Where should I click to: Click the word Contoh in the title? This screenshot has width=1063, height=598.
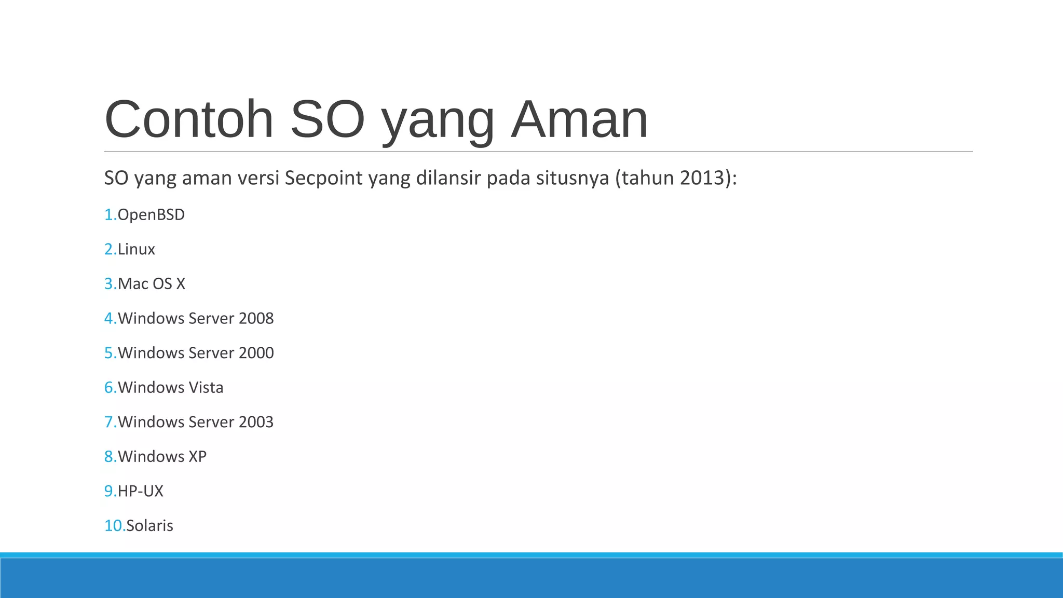189,119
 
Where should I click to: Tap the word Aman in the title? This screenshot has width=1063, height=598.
579,119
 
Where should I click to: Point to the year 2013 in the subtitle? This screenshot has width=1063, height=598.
702,178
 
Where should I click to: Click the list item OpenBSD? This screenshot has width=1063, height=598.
151,215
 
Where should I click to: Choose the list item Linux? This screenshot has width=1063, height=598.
136,250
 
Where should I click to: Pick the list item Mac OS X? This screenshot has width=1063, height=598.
151,284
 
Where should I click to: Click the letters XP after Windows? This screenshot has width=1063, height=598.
197,457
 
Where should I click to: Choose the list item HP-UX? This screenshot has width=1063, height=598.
140,491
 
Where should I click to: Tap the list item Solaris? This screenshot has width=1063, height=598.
149,526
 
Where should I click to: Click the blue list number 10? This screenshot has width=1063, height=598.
114,526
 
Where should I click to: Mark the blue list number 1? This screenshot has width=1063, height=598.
109,215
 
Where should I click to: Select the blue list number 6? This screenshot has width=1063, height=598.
109,388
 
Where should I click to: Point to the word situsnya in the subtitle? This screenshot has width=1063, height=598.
573,178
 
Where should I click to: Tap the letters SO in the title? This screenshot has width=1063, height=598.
328,119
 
